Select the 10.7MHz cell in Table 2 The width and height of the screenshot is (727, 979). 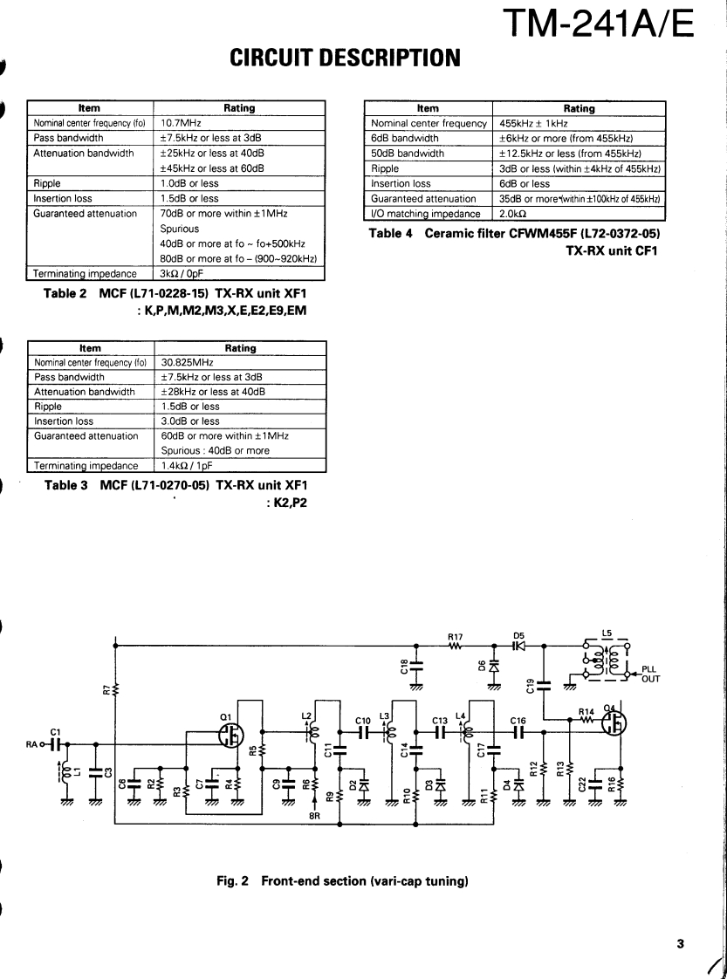pos(182,124)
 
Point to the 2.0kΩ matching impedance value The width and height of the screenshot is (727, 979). pos(513,214)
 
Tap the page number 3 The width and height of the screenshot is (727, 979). pos(679,943)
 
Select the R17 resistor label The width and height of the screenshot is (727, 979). pos(454,637)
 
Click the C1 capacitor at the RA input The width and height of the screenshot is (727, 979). pos(57,745)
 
